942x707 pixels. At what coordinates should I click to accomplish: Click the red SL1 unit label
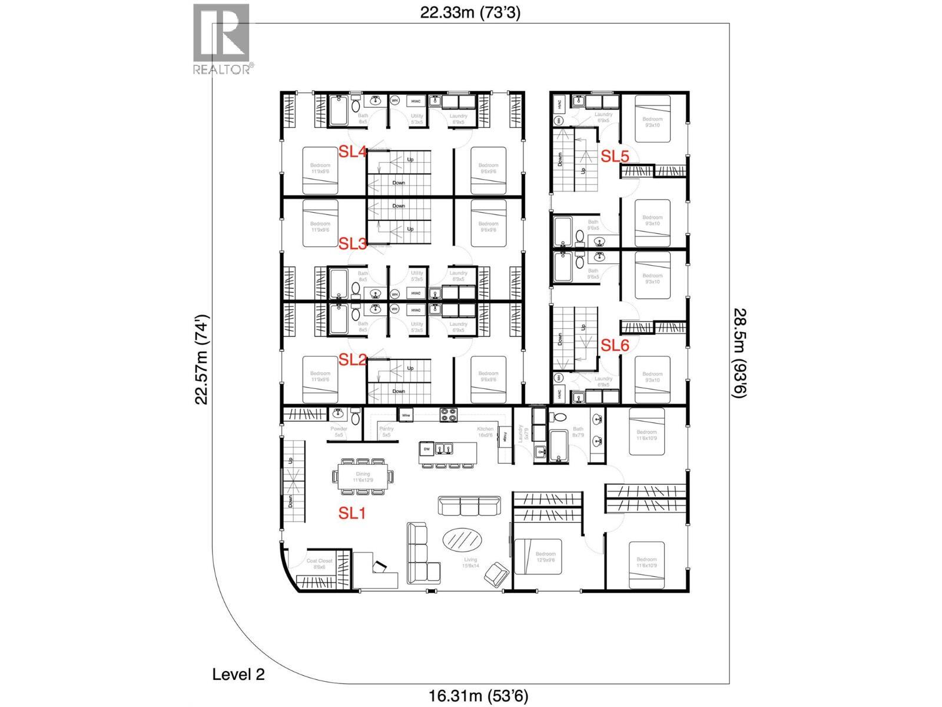click(352, 513)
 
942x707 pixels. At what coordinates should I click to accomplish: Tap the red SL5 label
click(615, 156)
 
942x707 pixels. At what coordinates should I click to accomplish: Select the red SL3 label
click(353, 243)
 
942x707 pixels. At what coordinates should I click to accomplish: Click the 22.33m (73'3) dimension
click(470, 12)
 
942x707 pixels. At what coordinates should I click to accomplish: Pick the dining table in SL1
click(363, 477)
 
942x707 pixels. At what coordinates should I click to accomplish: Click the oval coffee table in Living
click(461, 538)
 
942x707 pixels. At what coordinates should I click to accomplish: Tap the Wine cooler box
click(406, 415)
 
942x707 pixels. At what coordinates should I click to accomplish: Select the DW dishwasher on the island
click(427, 450)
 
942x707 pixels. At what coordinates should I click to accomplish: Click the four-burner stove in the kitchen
click(449, 415)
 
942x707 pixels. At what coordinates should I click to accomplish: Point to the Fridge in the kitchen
click(505, 437)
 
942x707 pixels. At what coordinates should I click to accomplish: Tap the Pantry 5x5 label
click(386, 432)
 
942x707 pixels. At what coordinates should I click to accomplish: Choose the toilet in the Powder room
click(356, 417)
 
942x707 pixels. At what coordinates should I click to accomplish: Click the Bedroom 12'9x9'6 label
click(545, 557)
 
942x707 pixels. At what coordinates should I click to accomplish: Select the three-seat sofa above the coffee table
click(469, 506)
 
